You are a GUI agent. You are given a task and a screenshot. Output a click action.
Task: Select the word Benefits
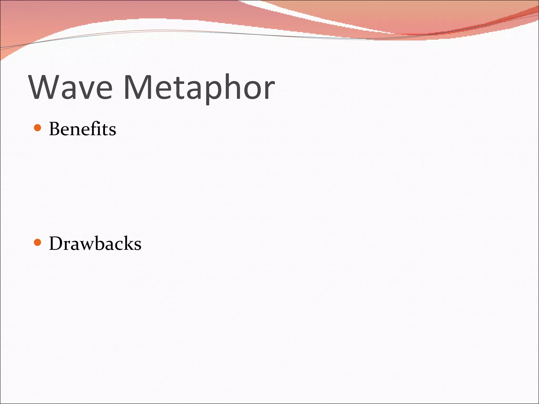point(82,129)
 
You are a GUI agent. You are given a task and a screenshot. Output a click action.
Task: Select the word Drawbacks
point(95,244)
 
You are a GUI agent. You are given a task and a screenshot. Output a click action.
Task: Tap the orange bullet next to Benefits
point(38,128)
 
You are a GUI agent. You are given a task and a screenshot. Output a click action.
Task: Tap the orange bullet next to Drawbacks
point(38,242)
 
